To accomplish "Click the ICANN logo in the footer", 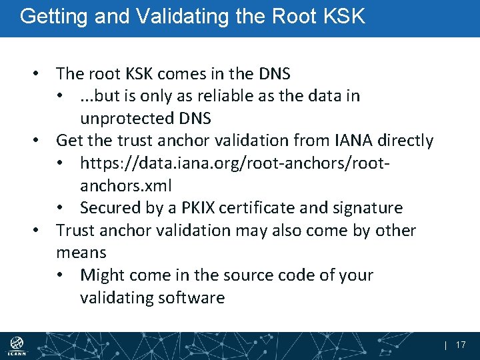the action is (x=16, y=345).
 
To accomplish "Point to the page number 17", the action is (x=460, y=345).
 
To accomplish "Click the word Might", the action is (x=102, y=275).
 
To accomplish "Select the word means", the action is (x=81, y=253).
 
